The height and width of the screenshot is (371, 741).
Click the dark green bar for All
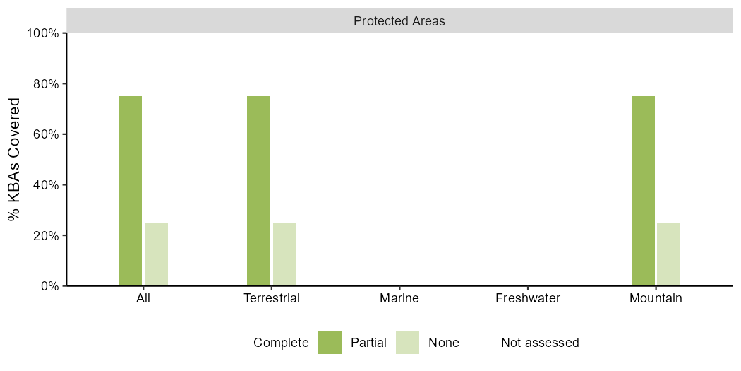(x=131, y=191)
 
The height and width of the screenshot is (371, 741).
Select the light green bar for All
(x=156, y=254)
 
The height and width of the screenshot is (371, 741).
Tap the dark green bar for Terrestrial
(x=258, y=191)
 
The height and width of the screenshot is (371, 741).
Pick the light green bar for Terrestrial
(x=284, y=254)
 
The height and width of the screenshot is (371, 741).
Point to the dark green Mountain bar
(x=643, y=191)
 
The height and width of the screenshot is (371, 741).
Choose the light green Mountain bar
(x=669, y=254)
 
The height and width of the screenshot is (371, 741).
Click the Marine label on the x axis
(x=399, y=299)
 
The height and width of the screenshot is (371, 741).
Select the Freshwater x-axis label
(x=527, y=299)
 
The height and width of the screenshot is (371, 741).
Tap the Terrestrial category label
(x=271, y=299)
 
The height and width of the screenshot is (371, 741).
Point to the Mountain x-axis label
(x=656, y=299)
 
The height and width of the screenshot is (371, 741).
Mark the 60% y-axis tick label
(x=48, y=134)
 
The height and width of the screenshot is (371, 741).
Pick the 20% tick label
(x=48, y=235)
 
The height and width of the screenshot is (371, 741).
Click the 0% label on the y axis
(x=51, y=286)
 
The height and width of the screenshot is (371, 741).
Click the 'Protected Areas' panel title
(x=399, y=21)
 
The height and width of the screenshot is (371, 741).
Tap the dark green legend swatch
(x=330, y=342)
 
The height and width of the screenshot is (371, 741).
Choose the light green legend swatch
(x=407, y=342)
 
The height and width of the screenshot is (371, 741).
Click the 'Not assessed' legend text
(x=540, y=343)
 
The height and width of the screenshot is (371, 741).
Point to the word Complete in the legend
(x=281, y=343)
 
